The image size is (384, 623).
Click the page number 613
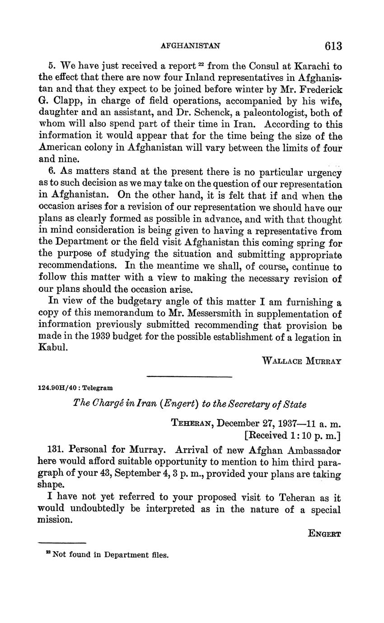pos(332,46)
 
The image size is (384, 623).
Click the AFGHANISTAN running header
pos(191,46)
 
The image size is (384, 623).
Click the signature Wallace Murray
pos(301,361)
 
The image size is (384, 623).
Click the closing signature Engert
pos(324,533)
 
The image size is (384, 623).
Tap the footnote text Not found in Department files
pos(110,555)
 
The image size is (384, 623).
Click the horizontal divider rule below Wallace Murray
pos(189,376)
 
